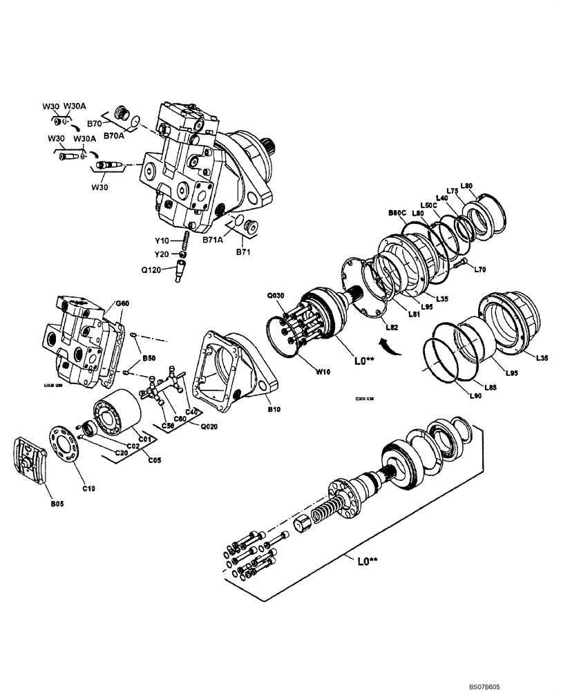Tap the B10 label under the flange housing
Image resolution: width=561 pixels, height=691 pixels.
[274, 410]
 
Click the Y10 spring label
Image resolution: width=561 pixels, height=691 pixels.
[162, 240]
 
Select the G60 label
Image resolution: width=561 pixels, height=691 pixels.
[122, 303]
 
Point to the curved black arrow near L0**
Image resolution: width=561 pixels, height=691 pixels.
[389, 344]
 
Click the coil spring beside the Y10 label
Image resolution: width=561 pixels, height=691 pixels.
[185, 241]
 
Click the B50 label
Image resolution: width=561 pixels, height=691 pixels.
[149, 359]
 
